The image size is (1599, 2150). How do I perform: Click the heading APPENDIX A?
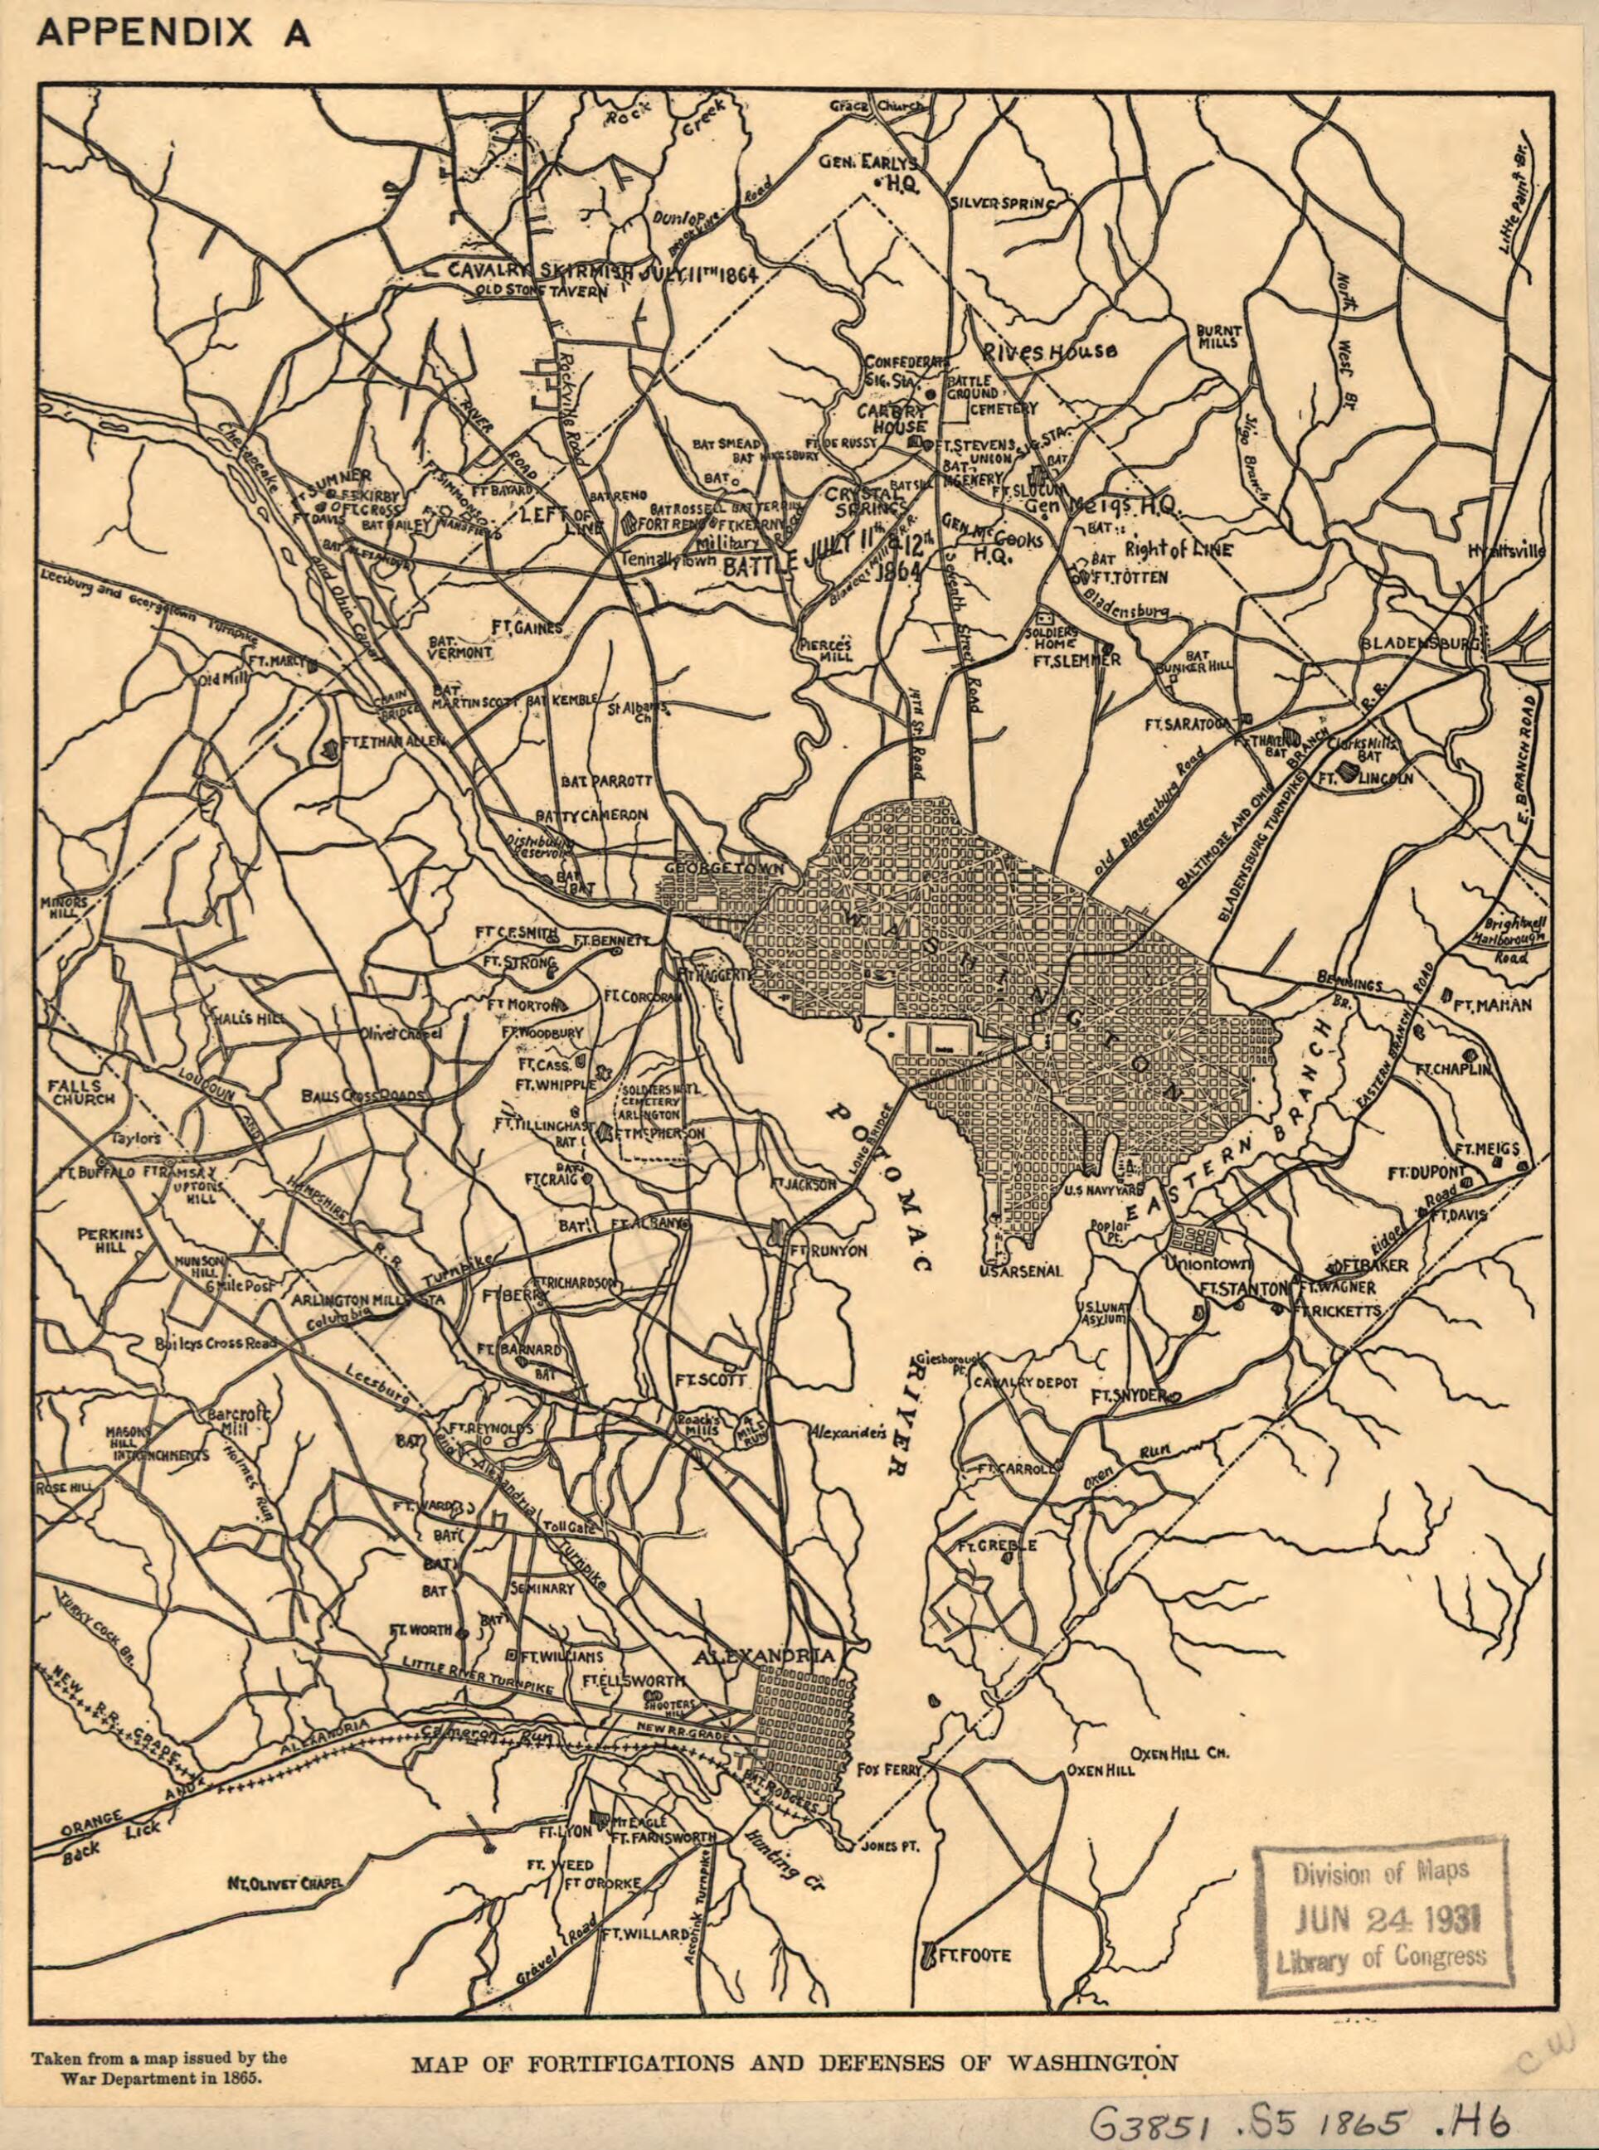(174, 33)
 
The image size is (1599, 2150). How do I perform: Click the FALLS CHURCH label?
(82, 1091)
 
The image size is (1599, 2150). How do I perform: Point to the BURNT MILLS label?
(1218, 337)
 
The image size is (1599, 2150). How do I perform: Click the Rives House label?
(1050, 352)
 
